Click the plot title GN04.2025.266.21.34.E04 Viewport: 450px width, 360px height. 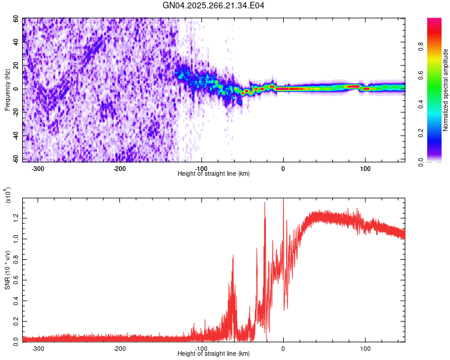(214, 6)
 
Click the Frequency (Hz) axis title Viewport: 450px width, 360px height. (7, 90)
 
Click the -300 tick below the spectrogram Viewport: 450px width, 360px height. (38, 167)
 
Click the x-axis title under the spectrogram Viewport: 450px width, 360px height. (214, 174)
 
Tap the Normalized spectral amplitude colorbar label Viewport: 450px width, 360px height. (446, 90)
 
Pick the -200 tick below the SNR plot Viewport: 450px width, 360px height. (119, 348)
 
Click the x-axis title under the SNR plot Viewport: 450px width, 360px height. (214, 354)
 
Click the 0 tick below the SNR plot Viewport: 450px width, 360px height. (283, 348)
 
